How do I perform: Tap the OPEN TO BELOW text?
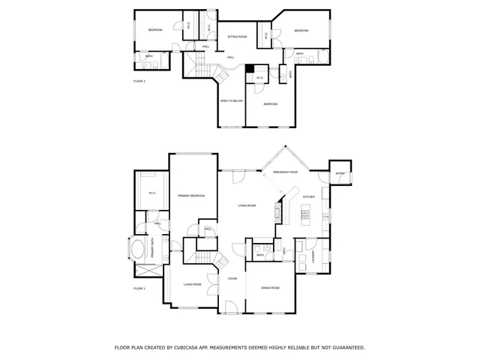tap(231, 100)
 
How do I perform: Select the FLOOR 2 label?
tap(139, 80)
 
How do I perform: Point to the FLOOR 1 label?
tap(139, 287)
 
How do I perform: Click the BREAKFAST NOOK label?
tap(285, 172)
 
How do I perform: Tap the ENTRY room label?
tap(340, 173)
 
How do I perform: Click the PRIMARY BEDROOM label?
tap(191, 196)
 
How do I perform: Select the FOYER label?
tap(233, 277)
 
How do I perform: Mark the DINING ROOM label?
tap(270, 288)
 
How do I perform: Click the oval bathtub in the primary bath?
tap(139, 248)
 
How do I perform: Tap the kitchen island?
tap(305, 217)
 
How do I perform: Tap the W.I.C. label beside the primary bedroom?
tap(152, 193)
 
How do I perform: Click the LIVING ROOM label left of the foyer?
tap(193, 284)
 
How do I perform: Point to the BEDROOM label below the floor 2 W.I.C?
tap(270, 103)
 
